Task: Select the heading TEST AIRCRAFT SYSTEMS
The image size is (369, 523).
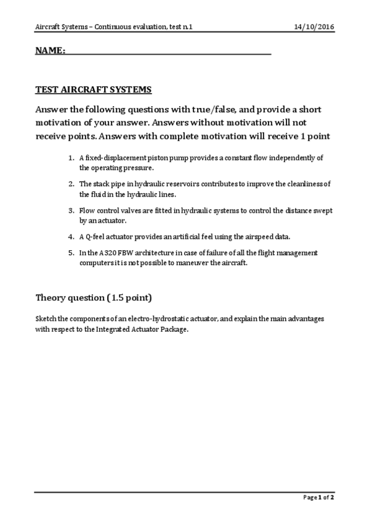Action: pos(93,89)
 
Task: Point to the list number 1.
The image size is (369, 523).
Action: pos(71,158)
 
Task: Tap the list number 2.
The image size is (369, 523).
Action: pos(71,184)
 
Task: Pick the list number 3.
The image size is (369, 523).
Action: pos(71,210)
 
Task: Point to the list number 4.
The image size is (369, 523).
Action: pos(71,236)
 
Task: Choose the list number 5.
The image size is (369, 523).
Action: pos(71,252)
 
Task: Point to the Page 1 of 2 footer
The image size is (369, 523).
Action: pos(318,497)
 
